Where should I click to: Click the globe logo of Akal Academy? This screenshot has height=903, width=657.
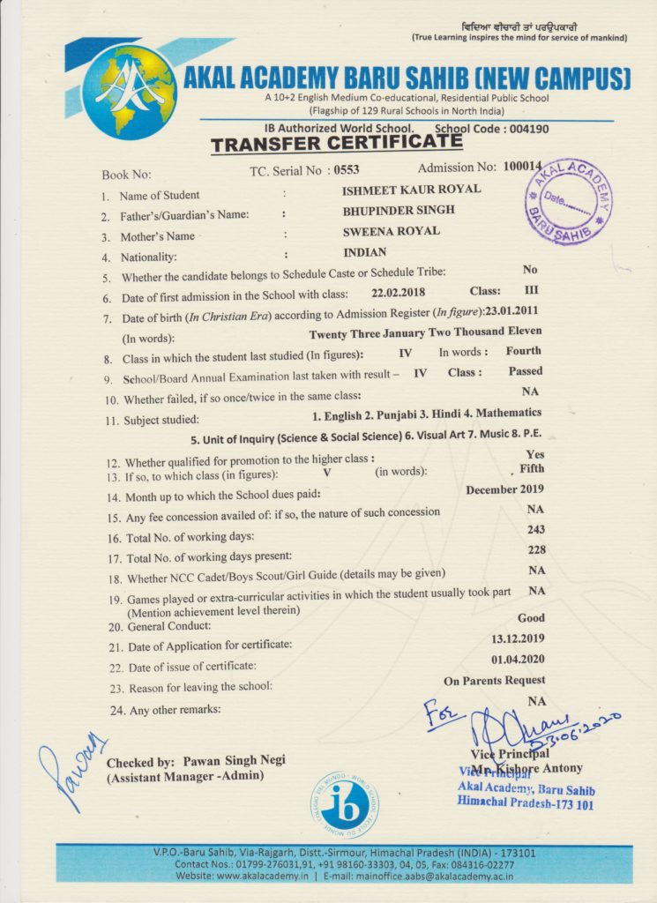(x=129, y=90)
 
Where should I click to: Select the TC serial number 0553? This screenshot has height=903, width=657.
(x=344, y=169)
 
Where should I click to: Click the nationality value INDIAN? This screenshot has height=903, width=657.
(x=364, y=254)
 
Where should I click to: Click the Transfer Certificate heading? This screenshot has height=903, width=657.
(x=336, y=144)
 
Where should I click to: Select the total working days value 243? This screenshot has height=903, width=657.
(x=535, y=530)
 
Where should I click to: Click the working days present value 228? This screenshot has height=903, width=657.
(x=535, y=550)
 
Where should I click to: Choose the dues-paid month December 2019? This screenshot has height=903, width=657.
(x=504, y=489)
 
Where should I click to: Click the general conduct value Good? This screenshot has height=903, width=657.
(x=531, y=618)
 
